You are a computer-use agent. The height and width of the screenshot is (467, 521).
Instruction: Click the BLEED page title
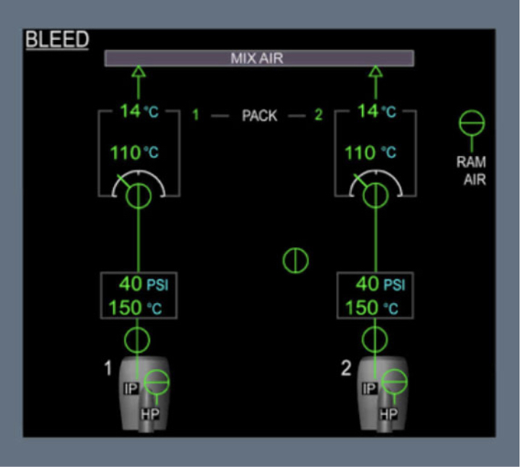[57, 39]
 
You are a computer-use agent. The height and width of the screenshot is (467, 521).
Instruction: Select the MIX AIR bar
[259, 59]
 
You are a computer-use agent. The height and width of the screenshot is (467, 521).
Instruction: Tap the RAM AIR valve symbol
[472, 123]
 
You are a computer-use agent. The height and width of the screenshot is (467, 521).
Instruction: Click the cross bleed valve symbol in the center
[295, 260]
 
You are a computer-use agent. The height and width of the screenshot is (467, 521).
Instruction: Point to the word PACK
[259, 115]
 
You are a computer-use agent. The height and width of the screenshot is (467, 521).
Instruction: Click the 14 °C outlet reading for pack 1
[139, 112]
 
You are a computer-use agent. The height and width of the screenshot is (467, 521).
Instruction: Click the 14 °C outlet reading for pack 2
[377, 112]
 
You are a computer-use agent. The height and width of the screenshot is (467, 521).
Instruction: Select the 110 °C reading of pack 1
[134, 153]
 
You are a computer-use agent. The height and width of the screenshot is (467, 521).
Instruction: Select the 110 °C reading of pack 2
[370, 153]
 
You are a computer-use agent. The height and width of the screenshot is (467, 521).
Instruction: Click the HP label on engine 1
[150, 414]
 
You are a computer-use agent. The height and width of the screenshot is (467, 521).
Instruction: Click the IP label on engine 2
[369, 389]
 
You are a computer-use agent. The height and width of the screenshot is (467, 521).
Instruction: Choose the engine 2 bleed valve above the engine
[375, 339]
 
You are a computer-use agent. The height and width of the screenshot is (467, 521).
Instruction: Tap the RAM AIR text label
[471, 170]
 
